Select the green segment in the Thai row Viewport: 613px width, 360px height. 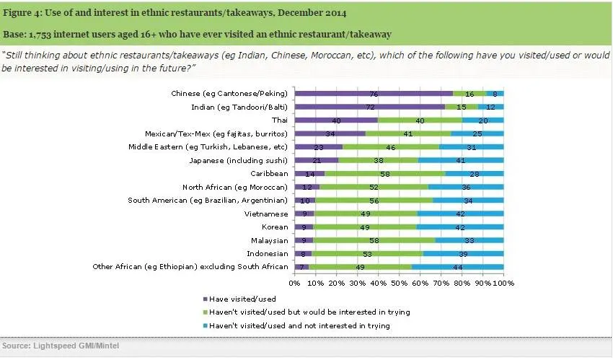420,120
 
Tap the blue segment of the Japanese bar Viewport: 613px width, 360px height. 462,160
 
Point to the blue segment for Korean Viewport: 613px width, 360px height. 460,227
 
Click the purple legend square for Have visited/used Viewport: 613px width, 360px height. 206,299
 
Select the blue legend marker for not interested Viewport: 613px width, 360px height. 206,325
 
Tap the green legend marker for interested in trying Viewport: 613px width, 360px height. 206,312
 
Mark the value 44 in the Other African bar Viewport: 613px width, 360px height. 458,267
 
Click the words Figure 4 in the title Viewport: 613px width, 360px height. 24,12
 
